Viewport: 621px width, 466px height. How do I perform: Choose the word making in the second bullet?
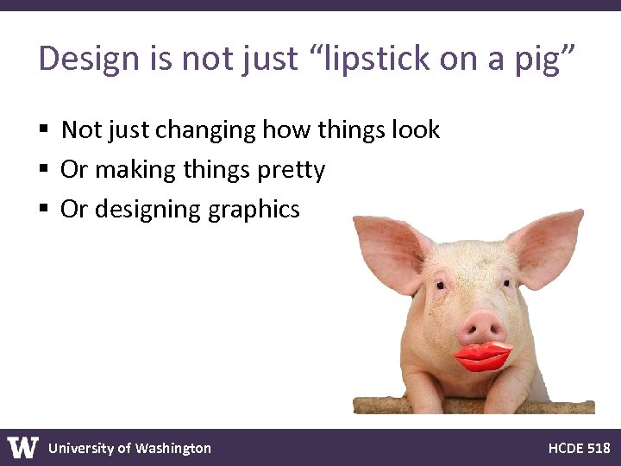(x=129, y=170)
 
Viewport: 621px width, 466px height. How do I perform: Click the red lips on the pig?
(x=483, y=356)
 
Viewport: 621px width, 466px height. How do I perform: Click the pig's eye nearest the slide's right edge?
(x=506, y=283)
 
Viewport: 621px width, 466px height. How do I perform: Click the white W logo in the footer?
(x=23, y=448)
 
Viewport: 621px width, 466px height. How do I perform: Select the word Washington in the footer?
(x=172, y=448)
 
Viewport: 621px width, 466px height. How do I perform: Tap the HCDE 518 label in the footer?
(x=579, y=448)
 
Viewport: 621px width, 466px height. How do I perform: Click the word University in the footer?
(x=81, y=448)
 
